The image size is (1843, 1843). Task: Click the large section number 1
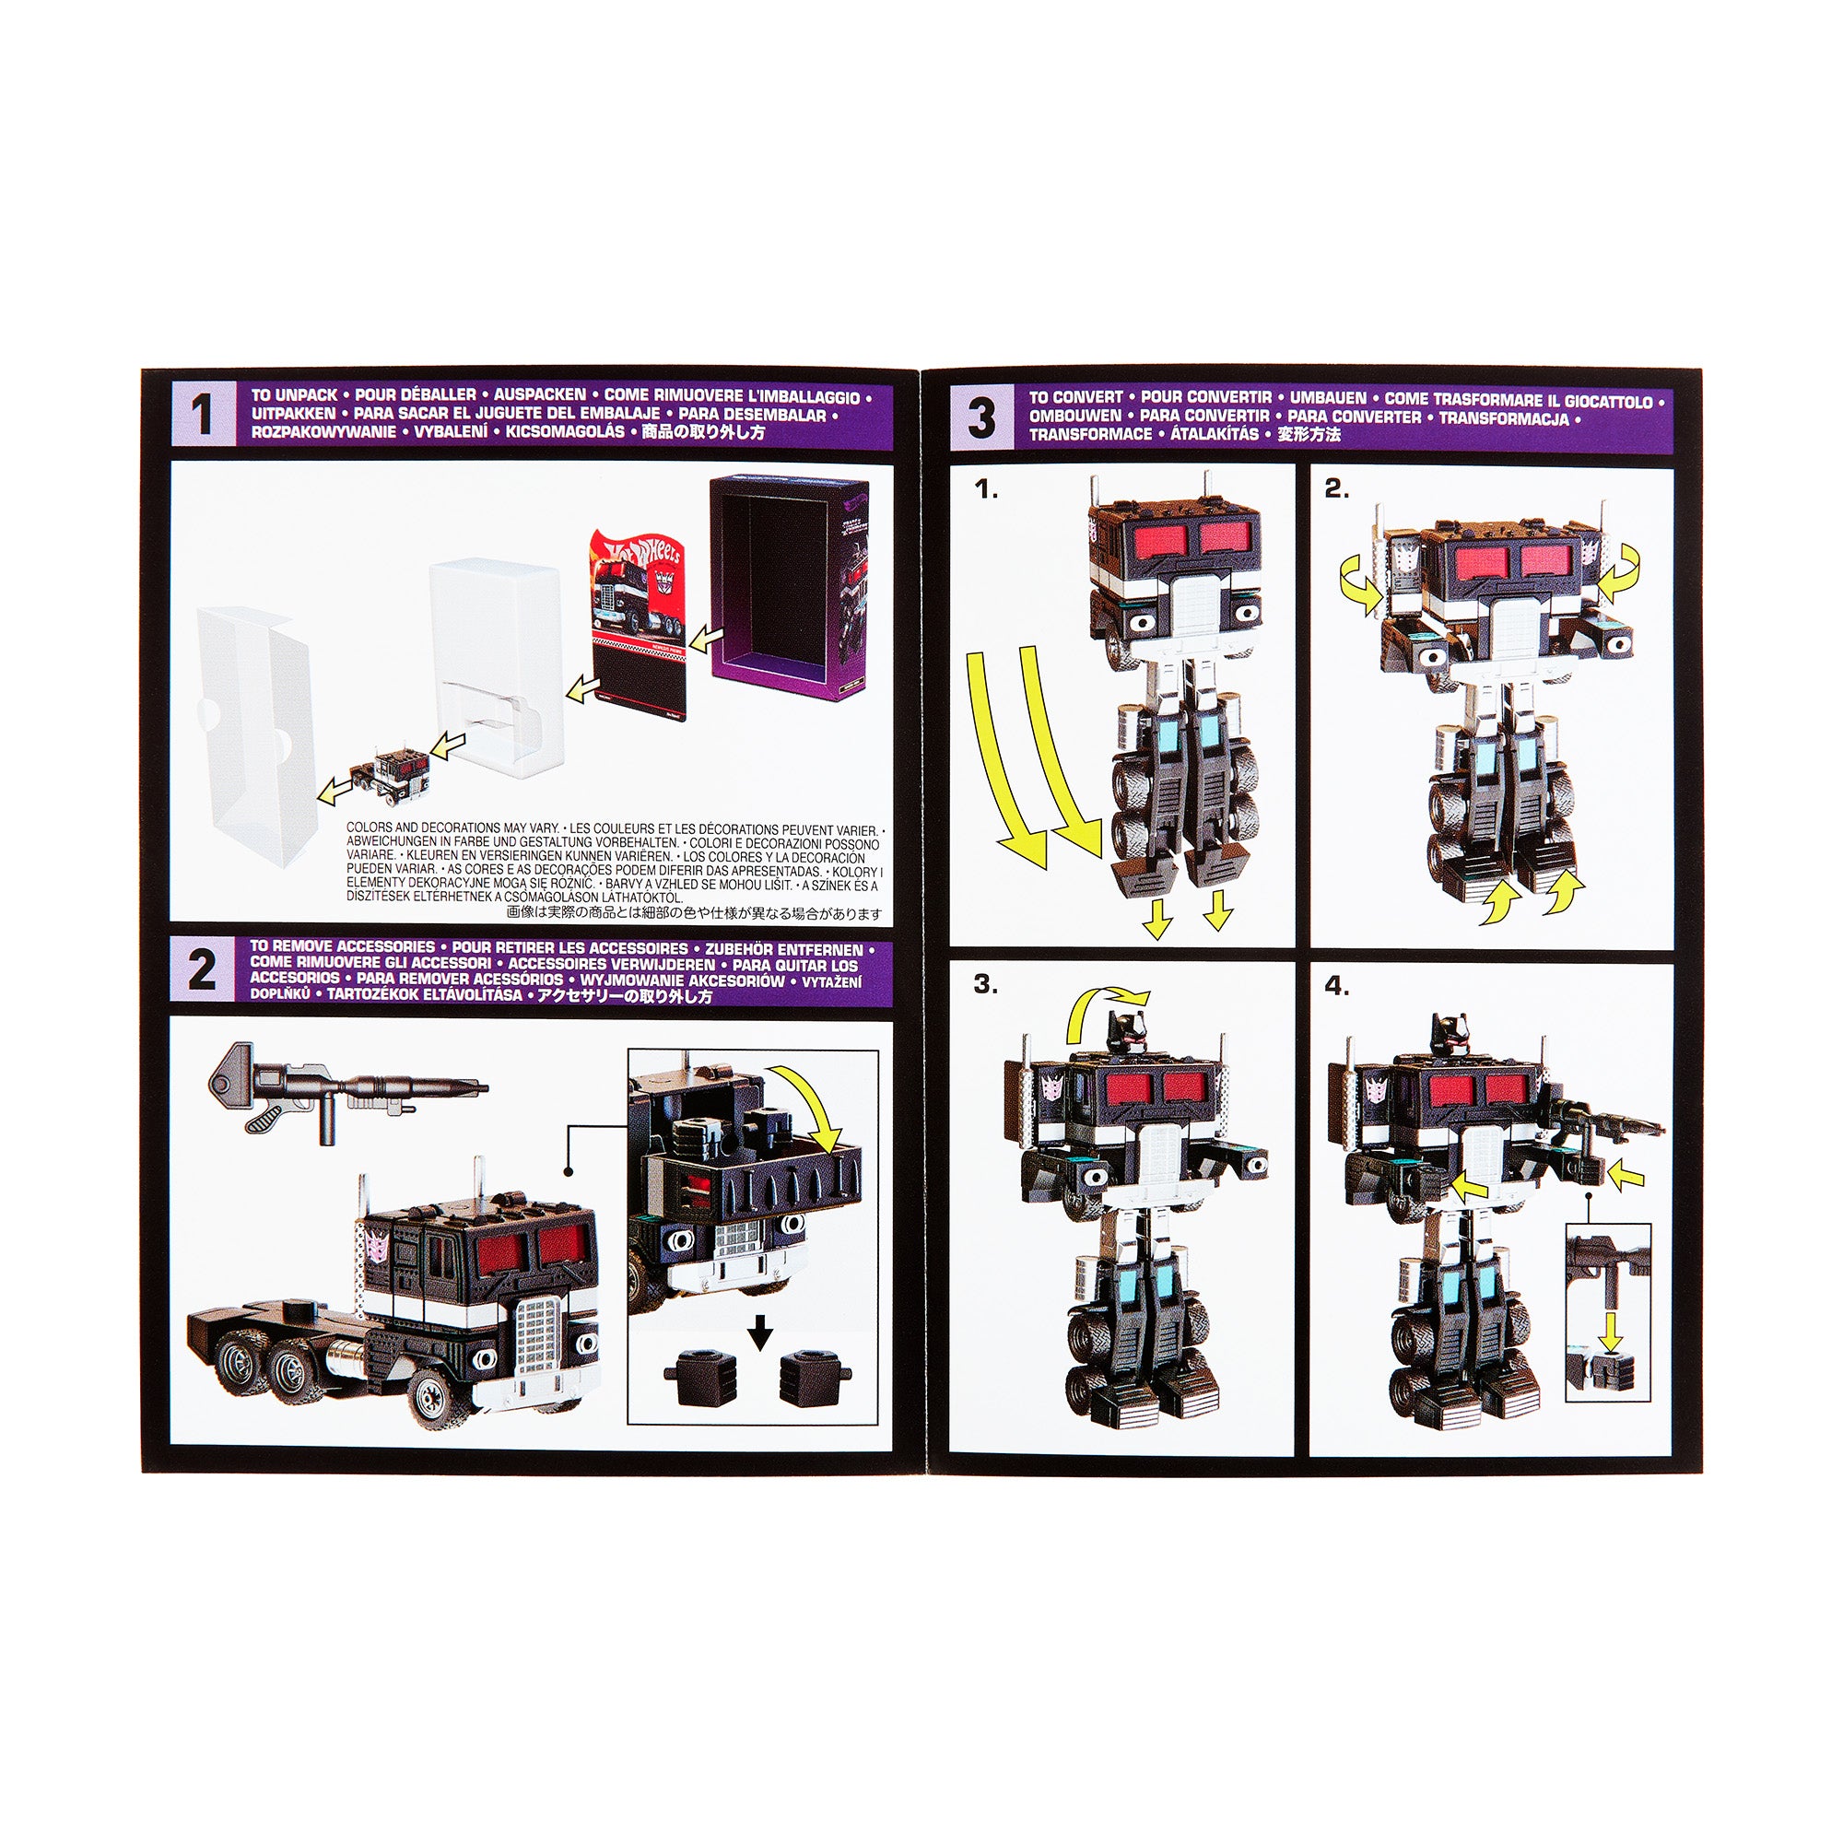pos(201,417)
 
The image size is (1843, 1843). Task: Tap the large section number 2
pos(201,972)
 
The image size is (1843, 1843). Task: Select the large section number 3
pos(981,418)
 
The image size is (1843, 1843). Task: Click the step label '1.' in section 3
pos(985,490)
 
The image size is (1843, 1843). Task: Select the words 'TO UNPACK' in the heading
pos(294,394)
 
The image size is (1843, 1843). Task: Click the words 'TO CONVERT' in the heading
pos(1076,397)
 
